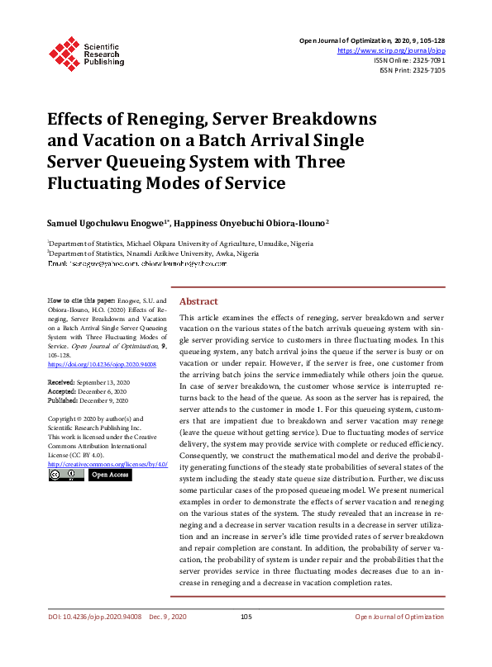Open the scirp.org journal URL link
point(392,50)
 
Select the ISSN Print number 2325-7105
point(427,70)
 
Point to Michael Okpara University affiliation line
point(185,244)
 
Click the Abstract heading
point(198,301)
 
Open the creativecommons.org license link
point(107,465)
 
